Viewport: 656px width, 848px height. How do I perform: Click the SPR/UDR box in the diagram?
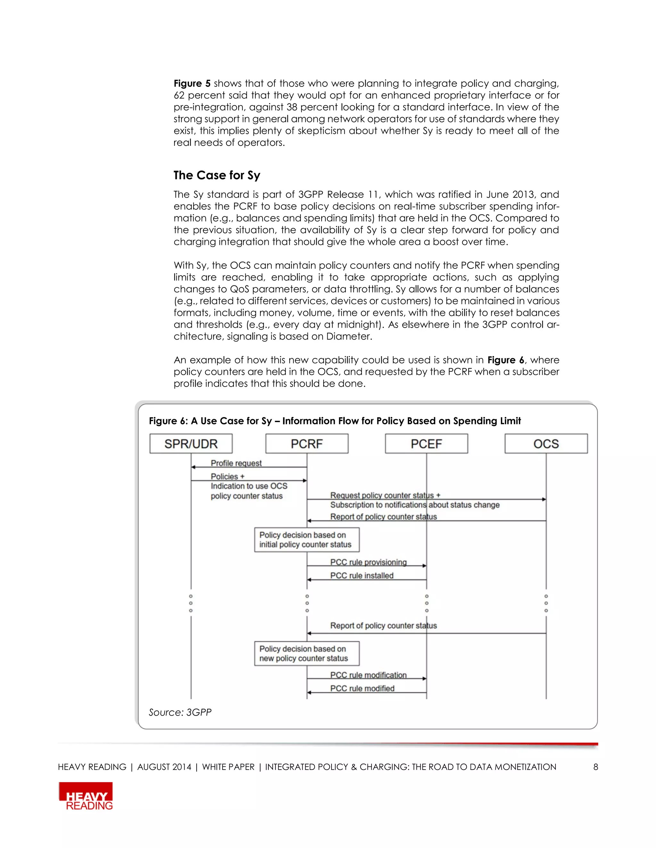point(191,444)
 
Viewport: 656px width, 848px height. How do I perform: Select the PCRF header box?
point(307,444)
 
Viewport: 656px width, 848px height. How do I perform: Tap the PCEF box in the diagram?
point(426,444)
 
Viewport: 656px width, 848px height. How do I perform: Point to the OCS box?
point(546,444)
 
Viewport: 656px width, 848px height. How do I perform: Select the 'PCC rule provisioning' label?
point(368,562)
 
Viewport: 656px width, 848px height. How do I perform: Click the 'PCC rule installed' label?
point(362,575)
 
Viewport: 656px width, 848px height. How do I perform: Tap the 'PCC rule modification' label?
point(368,675)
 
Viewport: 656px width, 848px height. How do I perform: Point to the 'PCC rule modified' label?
point(362,688)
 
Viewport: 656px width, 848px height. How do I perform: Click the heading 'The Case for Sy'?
point(217,175)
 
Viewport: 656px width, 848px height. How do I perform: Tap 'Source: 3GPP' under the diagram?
point(180,712)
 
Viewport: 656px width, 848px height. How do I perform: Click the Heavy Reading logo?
point(86,796)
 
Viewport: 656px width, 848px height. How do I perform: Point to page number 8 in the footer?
point(595,767)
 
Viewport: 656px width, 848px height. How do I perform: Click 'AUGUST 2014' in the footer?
point(164,767)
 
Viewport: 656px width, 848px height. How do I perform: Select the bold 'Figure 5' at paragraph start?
point(192,84)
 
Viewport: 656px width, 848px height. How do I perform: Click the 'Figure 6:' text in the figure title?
point(168,421)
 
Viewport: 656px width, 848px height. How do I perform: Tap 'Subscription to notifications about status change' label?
point(415,505)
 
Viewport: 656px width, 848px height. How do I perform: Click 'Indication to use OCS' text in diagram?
point(249,486)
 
